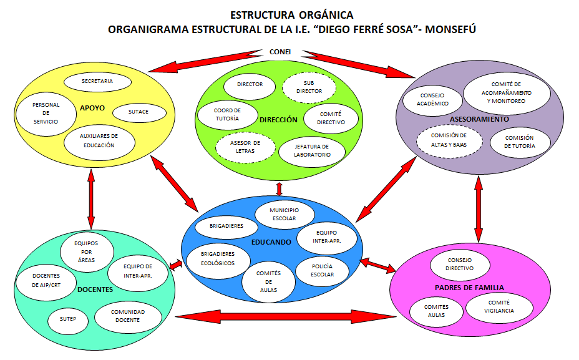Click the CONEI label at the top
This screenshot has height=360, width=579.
coord(280,52)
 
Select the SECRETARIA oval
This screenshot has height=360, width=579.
coord(97,82)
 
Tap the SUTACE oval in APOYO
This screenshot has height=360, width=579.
coord(139,112)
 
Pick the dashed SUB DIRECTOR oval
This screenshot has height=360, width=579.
coord(309,88)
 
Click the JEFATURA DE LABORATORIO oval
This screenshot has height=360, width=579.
coord(312,151)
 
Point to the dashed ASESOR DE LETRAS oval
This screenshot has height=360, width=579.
coord(245,147)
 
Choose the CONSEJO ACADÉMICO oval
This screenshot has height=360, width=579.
coord(432,100)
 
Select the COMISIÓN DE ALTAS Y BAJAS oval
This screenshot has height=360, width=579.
coord(449,141)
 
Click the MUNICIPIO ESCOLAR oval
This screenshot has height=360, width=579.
coord(285,215)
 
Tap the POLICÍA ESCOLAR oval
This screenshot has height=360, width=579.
coord(322,271)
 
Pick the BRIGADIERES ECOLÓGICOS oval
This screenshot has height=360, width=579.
coord(218,259)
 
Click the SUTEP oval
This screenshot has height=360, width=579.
coord(68,319)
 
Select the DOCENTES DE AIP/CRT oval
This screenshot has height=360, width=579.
coord(46,281)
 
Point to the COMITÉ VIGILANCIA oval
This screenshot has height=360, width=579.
coord(499,307)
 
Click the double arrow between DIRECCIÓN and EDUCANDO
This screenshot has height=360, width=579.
coord(279,188)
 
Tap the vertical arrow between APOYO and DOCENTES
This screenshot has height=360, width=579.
coord(91,200)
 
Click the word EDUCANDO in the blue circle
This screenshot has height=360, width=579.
coord(271,243)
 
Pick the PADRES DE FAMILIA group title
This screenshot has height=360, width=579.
coord(469,288)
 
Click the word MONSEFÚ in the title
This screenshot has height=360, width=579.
coord(450,29)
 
